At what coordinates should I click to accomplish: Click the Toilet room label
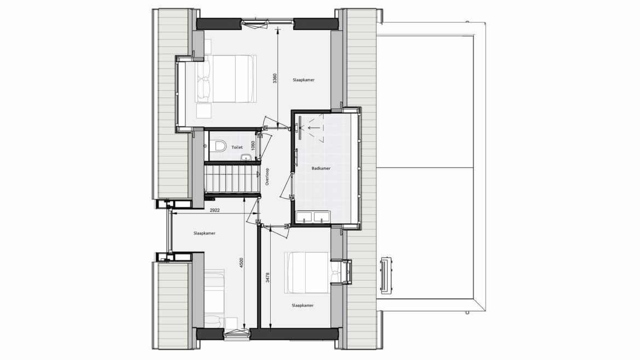pos(237,147)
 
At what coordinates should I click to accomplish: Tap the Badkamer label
pos(321,168)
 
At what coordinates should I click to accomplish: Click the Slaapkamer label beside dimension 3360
pos(303,80)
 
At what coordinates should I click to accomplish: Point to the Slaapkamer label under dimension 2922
pos(204,234)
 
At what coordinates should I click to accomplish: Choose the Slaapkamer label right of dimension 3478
pos(302,305)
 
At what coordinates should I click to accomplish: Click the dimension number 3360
pos(275,78)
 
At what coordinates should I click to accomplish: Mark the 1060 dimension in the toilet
pos(253,146)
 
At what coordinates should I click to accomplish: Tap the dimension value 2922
pos(214,210)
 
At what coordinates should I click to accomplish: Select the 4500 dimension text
pos(241,263)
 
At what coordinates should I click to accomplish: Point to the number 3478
pos(267,277)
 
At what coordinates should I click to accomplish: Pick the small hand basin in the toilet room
pos(246,156)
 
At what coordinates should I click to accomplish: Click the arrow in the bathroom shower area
pos(314,127)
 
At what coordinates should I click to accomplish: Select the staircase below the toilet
pos(232,178)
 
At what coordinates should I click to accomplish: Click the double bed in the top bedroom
pos(226,78)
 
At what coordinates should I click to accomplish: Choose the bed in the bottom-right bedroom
pos(306,272)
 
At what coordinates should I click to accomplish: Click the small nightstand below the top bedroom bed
pos(203,111)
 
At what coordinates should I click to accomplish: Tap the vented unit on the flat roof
pos(386,275)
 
